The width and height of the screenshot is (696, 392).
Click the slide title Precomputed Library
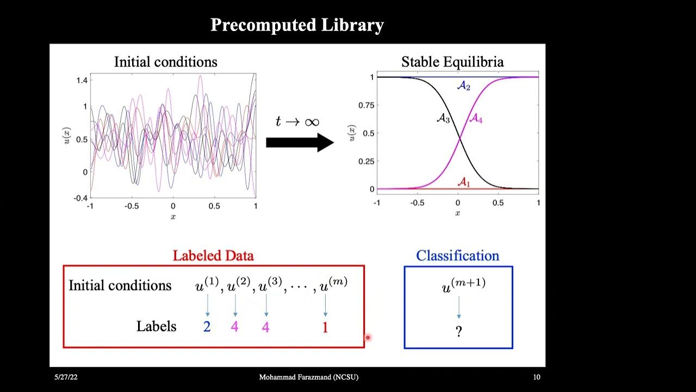[x=297, y=25]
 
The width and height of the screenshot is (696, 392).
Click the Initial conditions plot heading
[x=165, y=62]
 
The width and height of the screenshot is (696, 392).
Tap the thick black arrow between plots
[x=300, y=143]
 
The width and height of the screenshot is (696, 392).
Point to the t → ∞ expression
[x=297, y=121]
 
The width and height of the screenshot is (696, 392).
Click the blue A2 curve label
[x=463, y=86]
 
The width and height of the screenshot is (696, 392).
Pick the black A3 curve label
[x=444, y=118]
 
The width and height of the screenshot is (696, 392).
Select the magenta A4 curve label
[x=475, y=118]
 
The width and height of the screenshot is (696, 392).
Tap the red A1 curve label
[x=463, y=182]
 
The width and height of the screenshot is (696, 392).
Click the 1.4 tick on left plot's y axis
[x=82, y=81]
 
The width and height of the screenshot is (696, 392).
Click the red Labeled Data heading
[x=213, y=255]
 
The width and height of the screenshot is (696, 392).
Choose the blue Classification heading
[x=457, y=255]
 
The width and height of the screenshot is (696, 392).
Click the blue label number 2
[x=207, y=327]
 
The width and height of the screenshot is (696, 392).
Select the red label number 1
[x=325, y=327]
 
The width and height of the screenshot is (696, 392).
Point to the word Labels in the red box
[x=156, y=326]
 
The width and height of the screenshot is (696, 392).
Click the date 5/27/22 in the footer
[x=63, y=377]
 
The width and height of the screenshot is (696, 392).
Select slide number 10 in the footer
[x=536, y=377]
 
